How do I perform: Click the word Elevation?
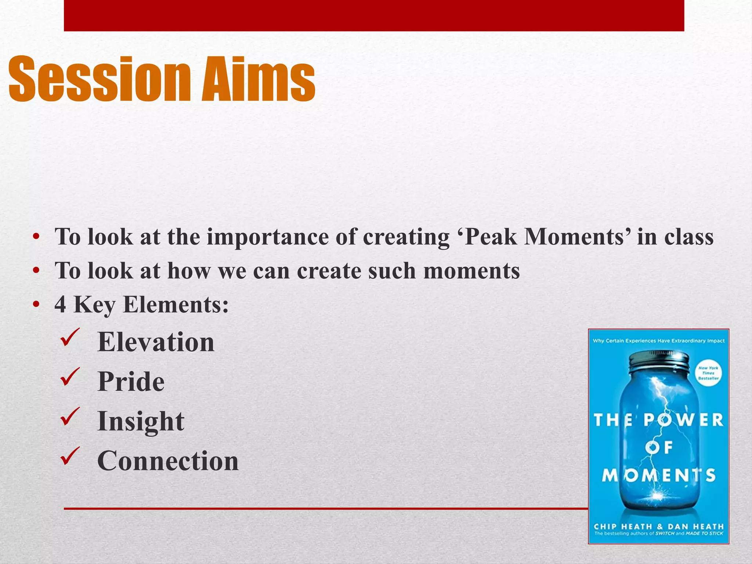click(x=156, y=342)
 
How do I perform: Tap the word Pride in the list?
click(x=131, y=382)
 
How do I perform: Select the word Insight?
click(x=141, y=422)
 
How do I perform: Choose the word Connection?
click(x=168, y=461)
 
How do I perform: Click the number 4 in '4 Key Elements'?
click(x=61, y=305)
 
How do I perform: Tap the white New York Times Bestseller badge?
click(x=708, y=373)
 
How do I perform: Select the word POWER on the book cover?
click(x=683, y=420)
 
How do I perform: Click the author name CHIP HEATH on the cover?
click(x=623, y=526)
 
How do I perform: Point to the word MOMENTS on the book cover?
click(x=659, y=475)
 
